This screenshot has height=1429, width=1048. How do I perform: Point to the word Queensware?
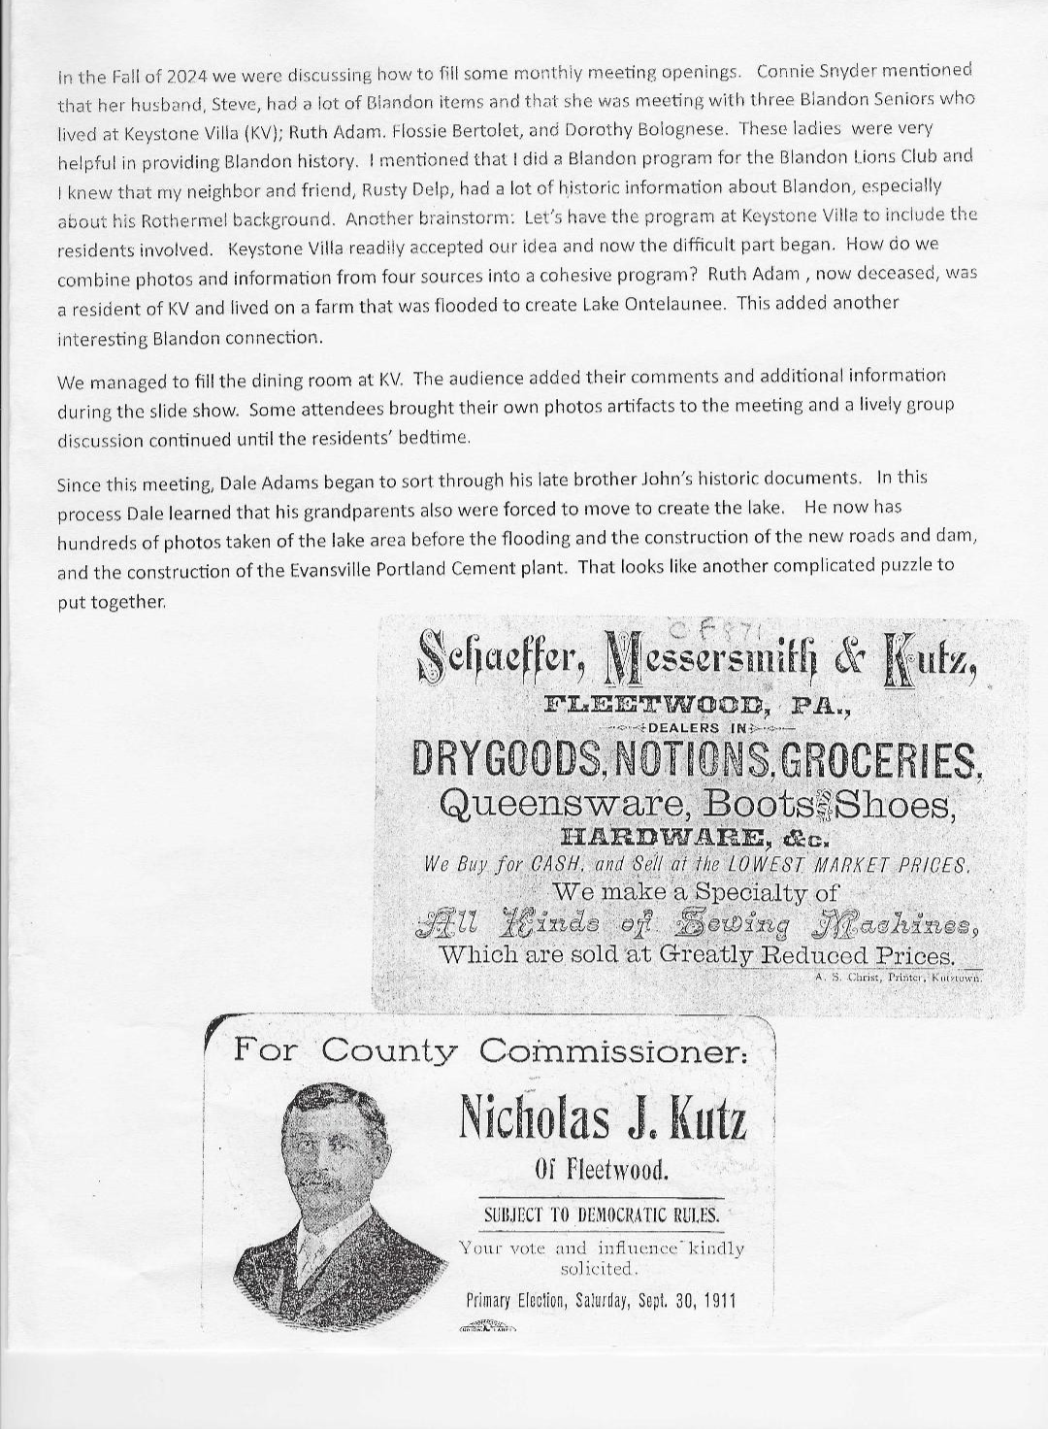(x=559, y=804)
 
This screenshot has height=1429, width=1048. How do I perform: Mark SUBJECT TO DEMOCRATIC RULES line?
(x=603, y=1214)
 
